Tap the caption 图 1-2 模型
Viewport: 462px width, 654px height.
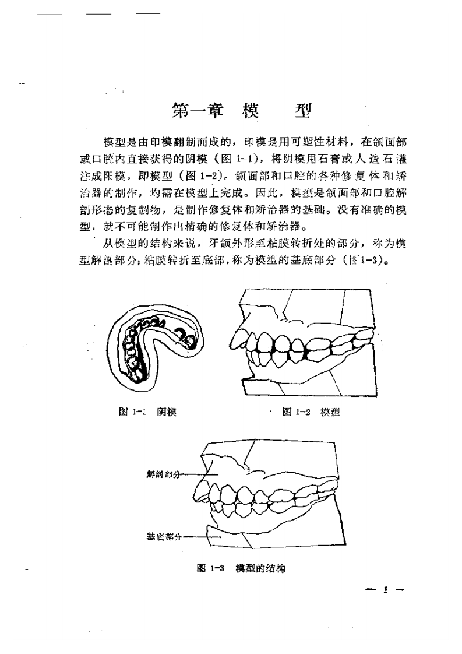(x=311, y=412)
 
